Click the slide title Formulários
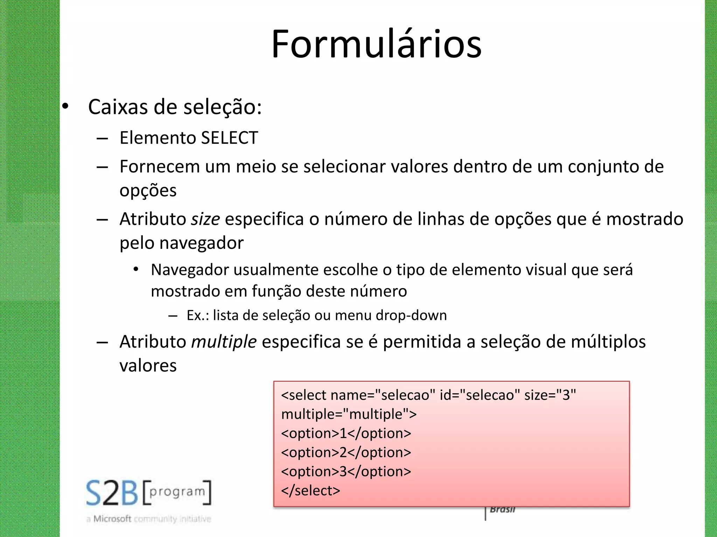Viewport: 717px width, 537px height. (x=376, y=44)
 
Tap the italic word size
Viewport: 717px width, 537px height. (x=205, y=220)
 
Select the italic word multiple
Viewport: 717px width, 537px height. (x=224, y=342)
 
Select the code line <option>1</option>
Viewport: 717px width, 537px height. (x=346, y=434)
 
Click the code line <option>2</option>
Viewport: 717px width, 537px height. (x=346, y=452)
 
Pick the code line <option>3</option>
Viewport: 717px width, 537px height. (x=346, y=472)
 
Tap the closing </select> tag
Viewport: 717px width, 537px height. (x=311, y=491)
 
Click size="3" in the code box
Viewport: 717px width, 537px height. (x=550, y=395)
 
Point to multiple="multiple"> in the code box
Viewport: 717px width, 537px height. (x=349, y=414)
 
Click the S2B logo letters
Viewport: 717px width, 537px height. (x=112, y=493)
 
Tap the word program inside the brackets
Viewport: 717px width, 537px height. (x=177, y=492)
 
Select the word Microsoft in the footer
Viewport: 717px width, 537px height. (x=112, y=519)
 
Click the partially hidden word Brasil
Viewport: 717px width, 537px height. (x=502, y=510)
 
